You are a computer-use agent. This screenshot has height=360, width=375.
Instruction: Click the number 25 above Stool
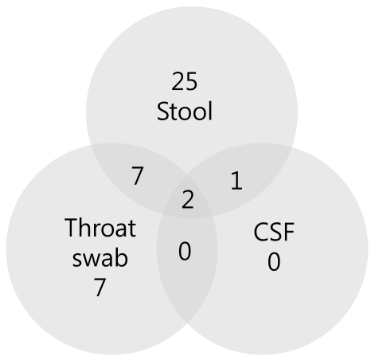point(185,81)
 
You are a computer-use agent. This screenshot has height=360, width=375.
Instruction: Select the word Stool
point(185,111)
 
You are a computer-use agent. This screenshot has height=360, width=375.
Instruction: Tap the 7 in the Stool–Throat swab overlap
point(138,175)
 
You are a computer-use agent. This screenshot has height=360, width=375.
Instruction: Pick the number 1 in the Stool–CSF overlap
point(236,181)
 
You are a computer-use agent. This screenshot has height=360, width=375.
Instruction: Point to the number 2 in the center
point(188,199)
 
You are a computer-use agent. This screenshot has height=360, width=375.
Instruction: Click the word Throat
point(100,228)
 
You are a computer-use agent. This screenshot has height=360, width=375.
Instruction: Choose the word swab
point(100,258)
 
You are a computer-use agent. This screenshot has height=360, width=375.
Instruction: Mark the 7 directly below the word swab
point(100,287)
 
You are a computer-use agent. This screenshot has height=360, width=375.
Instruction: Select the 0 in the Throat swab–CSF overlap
point(185,251)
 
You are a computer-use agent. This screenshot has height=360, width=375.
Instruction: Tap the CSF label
point(274,232)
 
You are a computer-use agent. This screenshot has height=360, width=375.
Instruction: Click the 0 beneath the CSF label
point(274,262)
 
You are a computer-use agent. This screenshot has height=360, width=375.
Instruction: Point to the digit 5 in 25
point(191,81)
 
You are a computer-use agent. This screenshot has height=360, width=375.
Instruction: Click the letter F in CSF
point(288,232)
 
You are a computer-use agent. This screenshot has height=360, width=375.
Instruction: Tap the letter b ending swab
point(122,257)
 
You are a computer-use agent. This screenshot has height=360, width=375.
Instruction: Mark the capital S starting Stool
point(162,112)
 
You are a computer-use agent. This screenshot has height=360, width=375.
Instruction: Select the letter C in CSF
point(261,232)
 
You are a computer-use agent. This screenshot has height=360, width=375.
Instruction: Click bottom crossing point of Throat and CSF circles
point(187,323)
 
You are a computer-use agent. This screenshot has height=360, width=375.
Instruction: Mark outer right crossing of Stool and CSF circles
point(292,147)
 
